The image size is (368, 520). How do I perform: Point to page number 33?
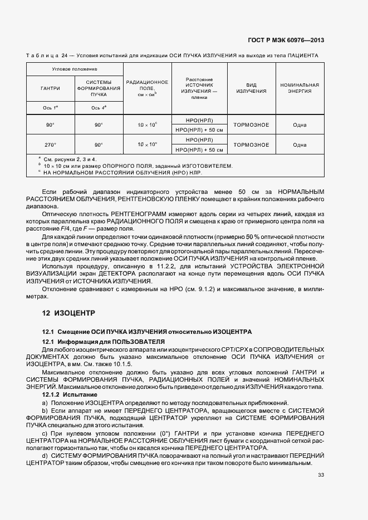[x=321, y=474]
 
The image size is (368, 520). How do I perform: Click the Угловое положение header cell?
[x=75, y=68]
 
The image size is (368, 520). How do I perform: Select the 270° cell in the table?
[x=51, y=144]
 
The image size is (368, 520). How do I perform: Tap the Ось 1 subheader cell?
[x=51, y=107]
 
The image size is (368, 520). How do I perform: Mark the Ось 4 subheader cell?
[x=99, y=107]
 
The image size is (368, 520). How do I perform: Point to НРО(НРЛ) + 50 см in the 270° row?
[x=199, y=149]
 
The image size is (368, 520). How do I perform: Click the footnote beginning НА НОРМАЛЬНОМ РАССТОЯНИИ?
[x=118, y=172]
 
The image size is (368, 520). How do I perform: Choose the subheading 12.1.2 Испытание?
[x=66, y=394]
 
